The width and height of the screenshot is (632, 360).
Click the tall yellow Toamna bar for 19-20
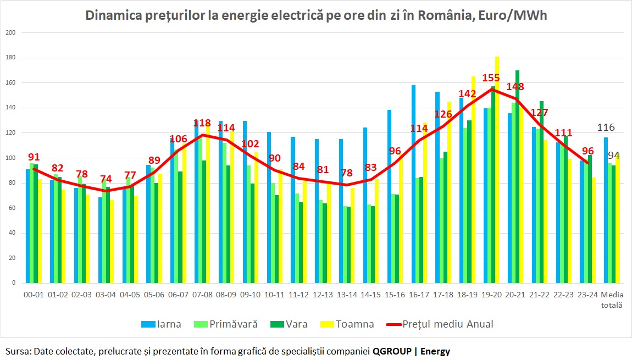click(x=497, y=170)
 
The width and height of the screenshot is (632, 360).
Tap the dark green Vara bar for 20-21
click(x=517, y=176)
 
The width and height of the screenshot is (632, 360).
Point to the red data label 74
click(x=107, y=179)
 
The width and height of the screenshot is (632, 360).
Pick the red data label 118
click(x=203, y=124)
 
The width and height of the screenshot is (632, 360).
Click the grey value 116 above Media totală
click(x=606, y=128)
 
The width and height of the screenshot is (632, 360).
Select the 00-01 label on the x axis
click(x=34, y=295)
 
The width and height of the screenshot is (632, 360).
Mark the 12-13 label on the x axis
click(x=323, y=295)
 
